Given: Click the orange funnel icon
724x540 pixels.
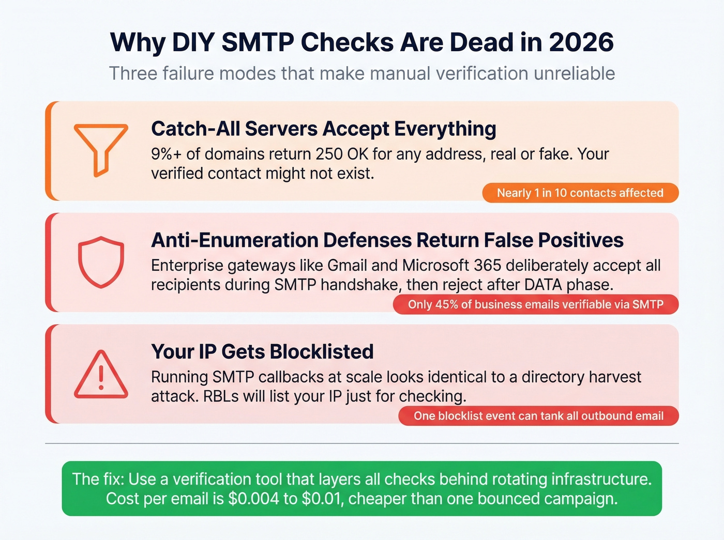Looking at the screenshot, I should click(101, 149).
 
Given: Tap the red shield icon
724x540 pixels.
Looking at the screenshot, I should click(101, 261).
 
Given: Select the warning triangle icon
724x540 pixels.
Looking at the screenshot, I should click(101, 375).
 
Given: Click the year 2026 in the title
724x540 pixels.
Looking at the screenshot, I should click(581, 42).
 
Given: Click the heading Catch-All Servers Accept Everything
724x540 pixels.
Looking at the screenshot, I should click(323, 129).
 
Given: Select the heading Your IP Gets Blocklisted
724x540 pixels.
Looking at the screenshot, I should click(262, 352).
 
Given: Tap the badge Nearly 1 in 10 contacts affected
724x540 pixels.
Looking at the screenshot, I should click(580, 193).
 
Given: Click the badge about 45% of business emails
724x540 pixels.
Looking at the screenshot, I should click(535, 304).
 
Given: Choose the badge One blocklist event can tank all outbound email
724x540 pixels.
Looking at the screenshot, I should click(538, 416).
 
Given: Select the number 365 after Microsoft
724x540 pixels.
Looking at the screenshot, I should click(487, 266).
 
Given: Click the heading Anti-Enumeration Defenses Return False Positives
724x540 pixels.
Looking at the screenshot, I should click(387, 240).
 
